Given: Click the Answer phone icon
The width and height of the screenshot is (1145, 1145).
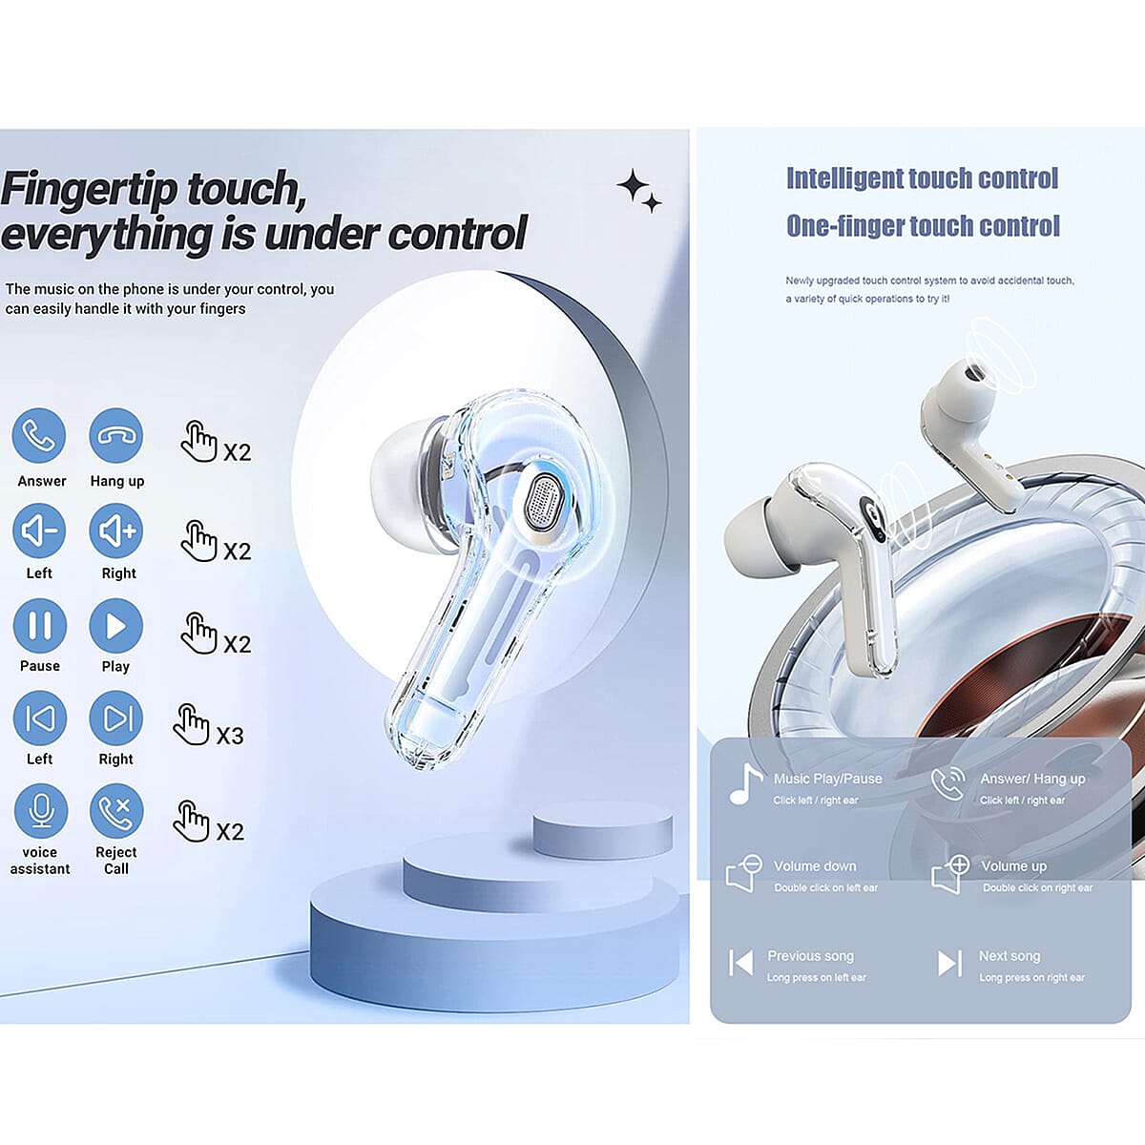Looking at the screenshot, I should click(39, 436).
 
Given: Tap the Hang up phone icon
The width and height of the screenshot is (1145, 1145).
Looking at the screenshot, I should click(116, 436).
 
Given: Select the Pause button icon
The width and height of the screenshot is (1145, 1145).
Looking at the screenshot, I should click(40, 625).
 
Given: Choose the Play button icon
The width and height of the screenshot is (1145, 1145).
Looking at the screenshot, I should click(116, 625).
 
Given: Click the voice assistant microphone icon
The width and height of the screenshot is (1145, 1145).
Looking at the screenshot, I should click(40, 811).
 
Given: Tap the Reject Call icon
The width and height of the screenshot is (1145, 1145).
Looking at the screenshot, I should click(116, 811).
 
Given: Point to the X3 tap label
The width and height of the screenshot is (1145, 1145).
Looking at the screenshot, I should click(230, 736).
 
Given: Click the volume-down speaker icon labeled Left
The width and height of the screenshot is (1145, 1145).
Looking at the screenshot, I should click(39, 531).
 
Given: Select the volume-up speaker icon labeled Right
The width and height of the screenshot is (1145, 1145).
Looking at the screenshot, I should click(116, 531).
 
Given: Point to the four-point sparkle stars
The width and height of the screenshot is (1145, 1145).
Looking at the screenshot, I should click(638, 190).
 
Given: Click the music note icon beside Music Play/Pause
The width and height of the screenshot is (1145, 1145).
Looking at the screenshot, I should click(745, 784).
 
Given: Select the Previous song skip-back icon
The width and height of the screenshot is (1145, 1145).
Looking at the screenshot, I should click(740, 963).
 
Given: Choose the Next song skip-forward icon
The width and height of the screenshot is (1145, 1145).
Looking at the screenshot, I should click(949, 963).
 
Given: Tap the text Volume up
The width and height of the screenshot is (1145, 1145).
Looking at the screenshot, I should click(1013, 866).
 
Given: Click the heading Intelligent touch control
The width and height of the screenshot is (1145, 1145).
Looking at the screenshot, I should click(922, 178).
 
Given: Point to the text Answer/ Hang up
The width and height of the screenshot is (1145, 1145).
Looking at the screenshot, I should click(1032, 779).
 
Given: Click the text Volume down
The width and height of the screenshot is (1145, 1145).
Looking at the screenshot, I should click(815, 866).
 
